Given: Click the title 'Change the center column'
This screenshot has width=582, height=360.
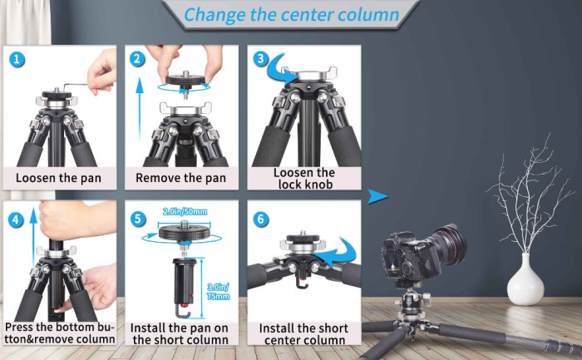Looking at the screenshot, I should point(290,14).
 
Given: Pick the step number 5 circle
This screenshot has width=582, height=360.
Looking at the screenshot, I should point(139,220).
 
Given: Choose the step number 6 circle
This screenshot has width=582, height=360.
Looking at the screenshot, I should point(260,220).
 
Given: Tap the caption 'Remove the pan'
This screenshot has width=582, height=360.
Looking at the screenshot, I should point(181,178).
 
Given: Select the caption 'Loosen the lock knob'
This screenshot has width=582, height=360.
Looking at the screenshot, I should point(303,178).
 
